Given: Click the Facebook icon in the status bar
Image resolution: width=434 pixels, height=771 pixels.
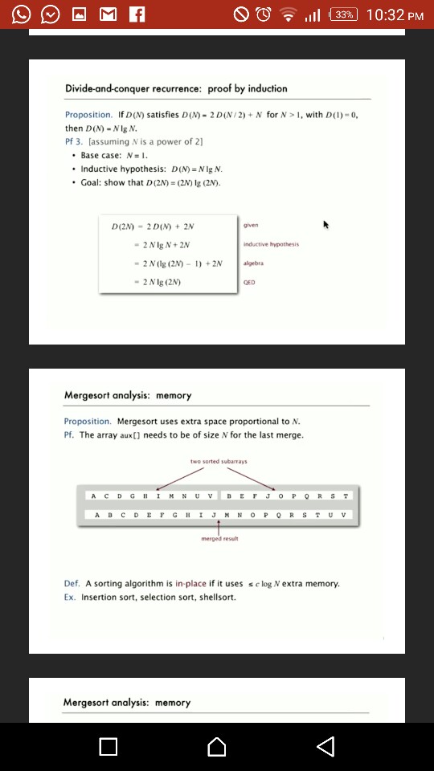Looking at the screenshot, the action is coord(136,14).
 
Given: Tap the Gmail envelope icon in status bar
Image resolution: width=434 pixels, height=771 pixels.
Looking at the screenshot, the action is coord(107,14).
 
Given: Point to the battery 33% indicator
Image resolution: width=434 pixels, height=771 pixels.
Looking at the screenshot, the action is coord(343,14).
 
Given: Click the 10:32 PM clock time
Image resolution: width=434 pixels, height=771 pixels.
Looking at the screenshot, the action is coord(394,14).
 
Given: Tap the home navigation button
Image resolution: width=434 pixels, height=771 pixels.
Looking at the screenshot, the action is coord(216,747).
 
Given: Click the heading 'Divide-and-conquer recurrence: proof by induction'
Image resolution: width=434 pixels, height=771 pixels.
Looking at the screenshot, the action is coord(176,88).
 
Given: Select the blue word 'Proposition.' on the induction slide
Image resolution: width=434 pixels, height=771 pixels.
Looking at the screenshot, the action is coord(88,115).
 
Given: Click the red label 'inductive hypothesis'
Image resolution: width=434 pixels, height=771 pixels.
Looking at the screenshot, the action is coord(270,244).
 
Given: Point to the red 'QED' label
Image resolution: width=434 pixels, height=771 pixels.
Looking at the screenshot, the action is coord(249,283).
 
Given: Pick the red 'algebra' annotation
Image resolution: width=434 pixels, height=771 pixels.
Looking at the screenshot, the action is coord(252,263).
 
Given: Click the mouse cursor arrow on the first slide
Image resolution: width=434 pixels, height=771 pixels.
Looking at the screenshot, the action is coord(326,225).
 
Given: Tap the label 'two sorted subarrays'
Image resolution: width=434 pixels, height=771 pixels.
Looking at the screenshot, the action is coord(219,462).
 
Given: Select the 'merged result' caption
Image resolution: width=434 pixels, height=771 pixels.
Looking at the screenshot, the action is coord(219,539).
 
